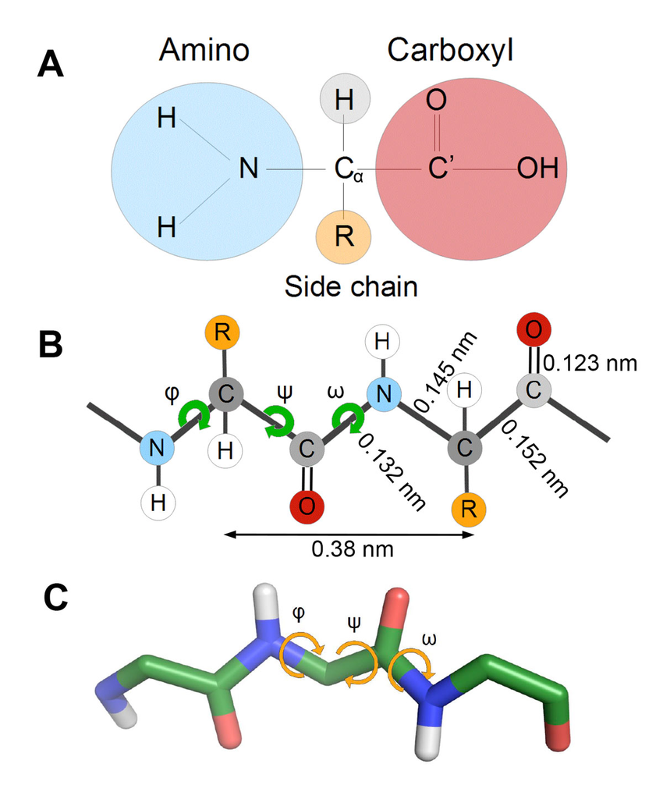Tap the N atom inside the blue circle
click(x=249, y=168)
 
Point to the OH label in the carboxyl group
click(x=538, y=168)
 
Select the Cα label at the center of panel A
click(x=349, y=169)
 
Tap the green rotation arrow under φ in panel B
click(x=192, y=414)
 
